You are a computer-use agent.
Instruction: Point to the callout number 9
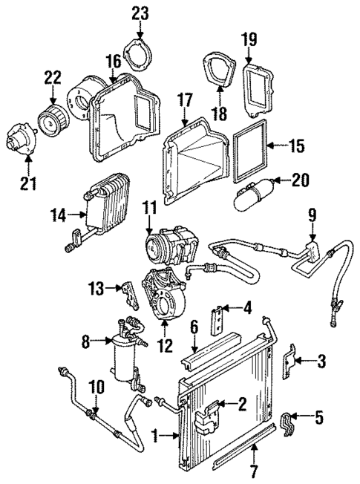point(312,216)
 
